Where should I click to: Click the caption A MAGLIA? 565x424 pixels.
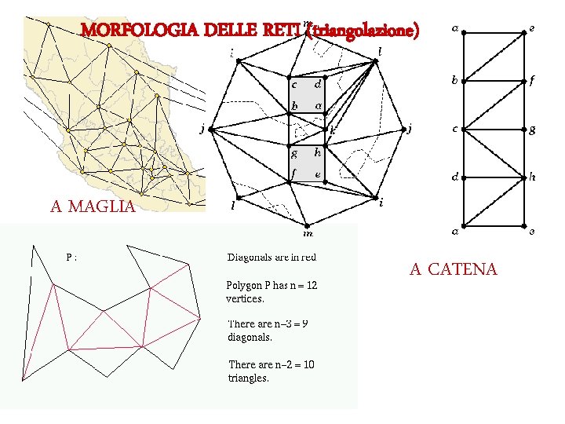93,207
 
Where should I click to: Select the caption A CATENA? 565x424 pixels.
453,269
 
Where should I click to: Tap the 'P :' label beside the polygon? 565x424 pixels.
71,256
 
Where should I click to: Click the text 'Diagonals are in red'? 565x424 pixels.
272,257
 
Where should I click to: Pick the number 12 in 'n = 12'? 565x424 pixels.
312,286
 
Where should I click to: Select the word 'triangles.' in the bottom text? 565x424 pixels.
248,378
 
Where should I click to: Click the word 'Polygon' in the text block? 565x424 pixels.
243,286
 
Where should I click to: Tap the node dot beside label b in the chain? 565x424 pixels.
464,81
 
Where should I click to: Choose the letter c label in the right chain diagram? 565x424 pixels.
454,129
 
